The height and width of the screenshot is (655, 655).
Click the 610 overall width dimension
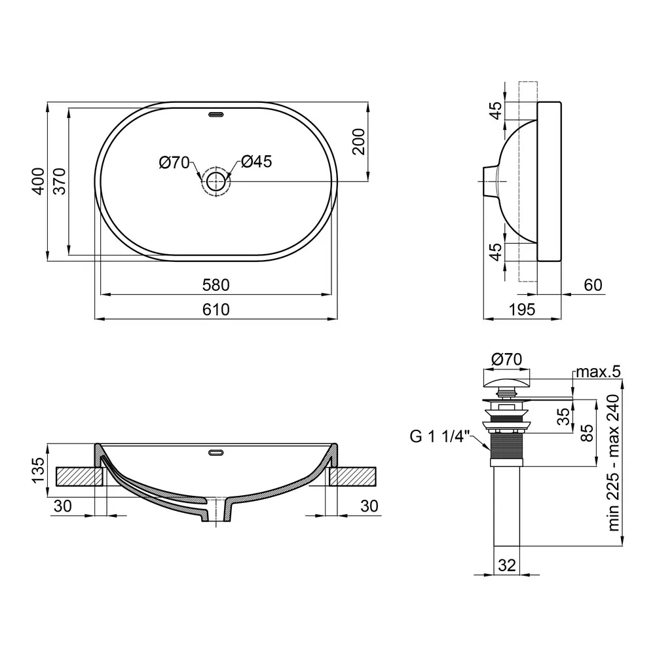tap(216, 310)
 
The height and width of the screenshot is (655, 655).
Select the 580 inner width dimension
tap(216, 285)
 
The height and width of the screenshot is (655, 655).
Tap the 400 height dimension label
tap(38, 181)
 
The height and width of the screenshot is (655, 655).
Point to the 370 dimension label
tap(60, 181)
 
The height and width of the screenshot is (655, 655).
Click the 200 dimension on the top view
tap(358, 141)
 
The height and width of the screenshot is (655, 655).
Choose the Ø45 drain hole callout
tap(257, 162)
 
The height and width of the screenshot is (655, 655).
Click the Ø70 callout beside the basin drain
tap(175, 162)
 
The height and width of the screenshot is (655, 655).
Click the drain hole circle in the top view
tap(216, 181)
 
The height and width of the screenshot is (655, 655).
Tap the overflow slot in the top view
tap(216, 113)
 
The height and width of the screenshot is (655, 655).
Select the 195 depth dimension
tap(522, 310)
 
